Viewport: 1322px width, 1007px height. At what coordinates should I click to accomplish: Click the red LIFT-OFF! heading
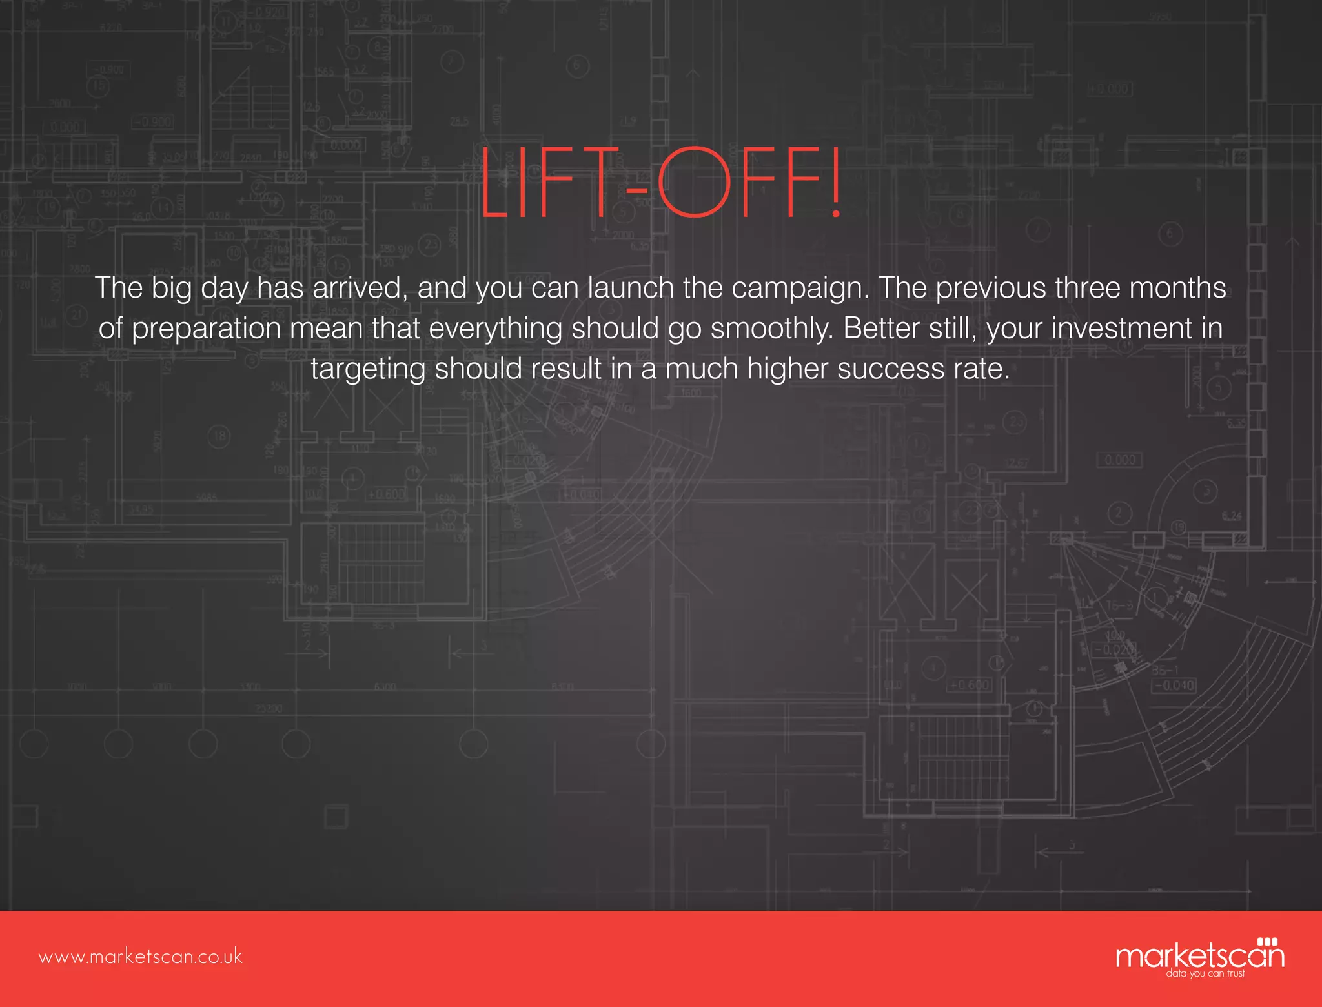[x=660, y=183]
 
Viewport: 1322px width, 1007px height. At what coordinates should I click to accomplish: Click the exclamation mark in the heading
[x=836, y=183]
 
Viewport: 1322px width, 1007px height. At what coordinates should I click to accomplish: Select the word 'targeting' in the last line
[x=368, y=370]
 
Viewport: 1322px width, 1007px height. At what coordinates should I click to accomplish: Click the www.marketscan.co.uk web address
[x=140, y=957]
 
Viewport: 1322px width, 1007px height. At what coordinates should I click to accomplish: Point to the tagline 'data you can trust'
[x=1205, y=973]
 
